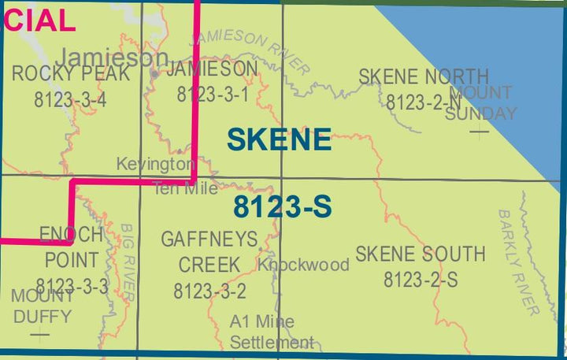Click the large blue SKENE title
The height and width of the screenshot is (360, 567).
click(279, 140)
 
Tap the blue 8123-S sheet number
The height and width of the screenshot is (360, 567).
click(282, 207)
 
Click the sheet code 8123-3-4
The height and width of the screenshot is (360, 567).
click(70, 99)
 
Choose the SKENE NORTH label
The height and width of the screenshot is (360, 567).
click(423, 76)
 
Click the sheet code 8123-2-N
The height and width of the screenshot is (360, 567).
click(423, 102)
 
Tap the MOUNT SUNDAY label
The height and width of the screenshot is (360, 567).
click(480, 103)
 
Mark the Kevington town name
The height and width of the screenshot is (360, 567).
click(155, 164)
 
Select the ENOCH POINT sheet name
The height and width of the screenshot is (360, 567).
click(72, 247)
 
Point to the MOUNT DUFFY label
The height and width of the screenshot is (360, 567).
click(41, 306)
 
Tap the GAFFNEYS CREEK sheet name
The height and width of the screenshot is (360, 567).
click(209, 251)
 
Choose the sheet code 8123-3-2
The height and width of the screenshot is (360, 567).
click(209, 291)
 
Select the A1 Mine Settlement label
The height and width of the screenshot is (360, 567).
click(272, 332)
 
